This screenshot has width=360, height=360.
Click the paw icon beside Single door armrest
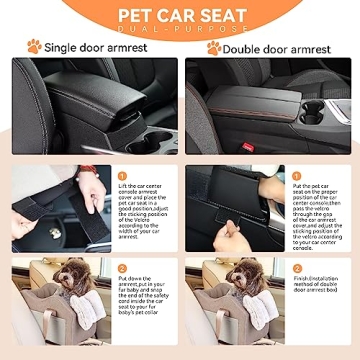[x=34, y=46]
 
